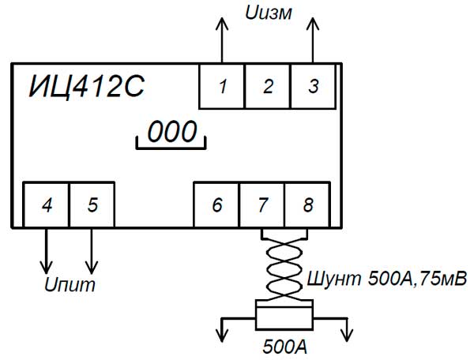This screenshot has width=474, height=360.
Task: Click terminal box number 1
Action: [221, 87]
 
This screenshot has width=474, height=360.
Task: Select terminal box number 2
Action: [267, 87]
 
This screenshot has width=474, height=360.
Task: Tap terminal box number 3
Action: [313, 87]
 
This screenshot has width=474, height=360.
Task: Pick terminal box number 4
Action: [47, 205]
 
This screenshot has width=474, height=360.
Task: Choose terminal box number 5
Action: [92, 205]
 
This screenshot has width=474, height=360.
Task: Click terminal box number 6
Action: [216, 205]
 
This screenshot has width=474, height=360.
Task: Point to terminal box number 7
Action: [261, 205]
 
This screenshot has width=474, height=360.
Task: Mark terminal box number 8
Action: [307, 205]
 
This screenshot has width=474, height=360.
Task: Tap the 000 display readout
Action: [171, 132]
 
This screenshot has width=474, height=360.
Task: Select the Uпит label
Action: [68, 283]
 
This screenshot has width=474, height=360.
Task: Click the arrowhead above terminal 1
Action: [221, 21]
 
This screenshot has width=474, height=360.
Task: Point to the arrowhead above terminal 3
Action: [313, 21]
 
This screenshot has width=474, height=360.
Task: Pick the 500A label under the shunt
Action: [283, 347]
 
